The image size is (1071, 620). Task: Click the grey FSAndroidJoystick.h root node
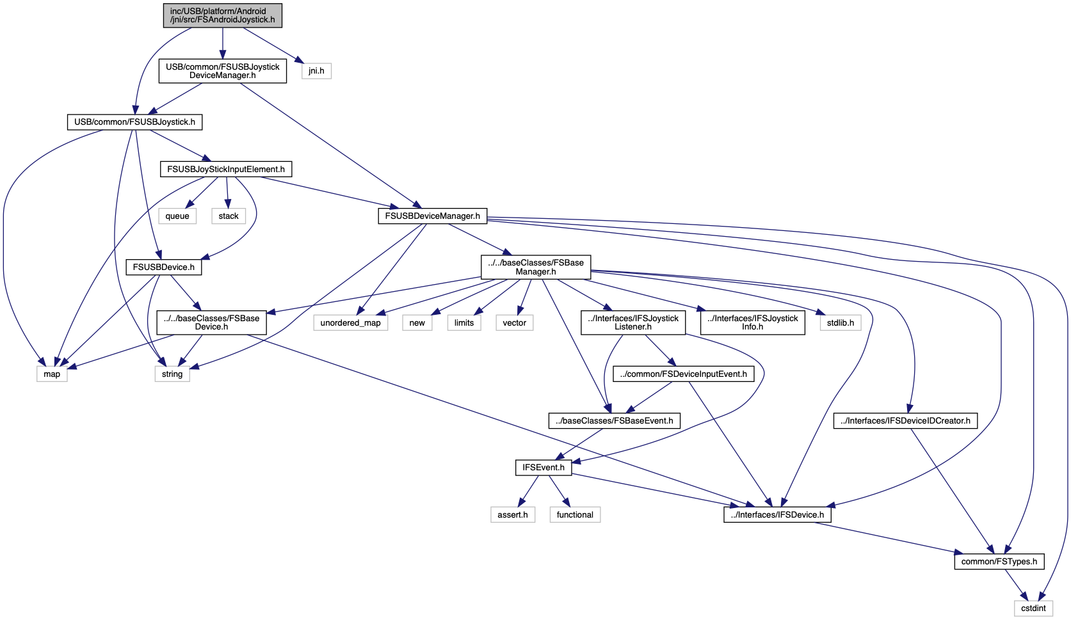(222, 16)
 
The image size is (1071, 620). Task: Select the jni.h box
(316, 71)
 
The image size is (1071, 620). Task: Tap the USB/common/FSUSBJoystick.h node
(135, 122)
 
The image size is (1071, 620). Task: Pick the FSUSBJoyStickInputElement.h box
(226, 169)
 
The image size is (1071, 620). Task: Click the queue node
(177, 216)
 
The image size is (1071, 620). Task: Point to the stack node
(229, 216)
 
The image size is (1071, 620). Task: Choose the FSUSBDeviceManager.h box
(433, 216)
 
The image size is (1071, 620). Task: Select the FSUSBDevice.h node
(163, 267)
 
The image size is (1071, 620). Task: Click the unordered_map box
(350, 322)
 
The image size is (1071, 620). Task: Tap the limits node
(464, 322)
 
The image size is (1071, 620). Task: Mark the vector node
(515, 322)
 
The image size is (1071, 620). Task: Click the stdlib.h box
(841, 322)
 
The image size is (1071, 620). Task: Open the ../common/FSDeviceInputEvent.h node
(683, 374)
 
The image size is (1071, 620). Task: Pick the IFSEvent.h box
(544, 468)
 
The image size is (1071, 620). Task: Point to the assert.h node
(513, 515)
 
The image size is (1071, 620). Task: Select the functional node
(575, 515)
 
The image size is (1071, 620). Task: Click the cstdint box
(1033, 608)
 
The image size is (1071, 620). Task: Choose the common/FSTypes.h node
(999, 561)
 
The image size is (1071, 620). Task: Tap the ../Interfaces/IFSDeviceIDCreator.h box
(906, 420)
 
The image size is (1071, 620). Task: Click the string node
(172, 374)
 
